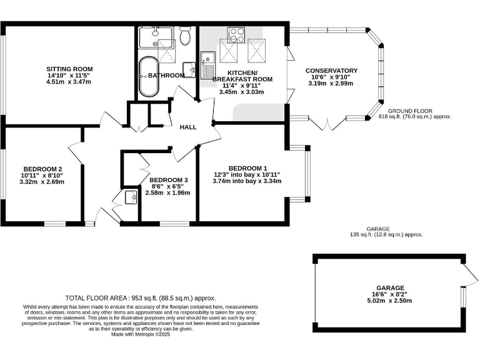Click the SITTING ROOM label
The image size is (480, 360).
pyautogui.click(x=69, y=69)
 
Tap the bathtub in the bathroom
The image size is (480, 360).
pyautogui.click(x=149, y=77)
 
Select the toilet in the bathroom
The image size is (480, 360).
pyautogui.click(x=184, y=37)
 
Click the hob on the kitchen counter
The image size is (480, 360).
pyautogui.click(x=236, y=34)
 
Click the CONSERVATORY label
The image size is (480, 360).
pyautogui.click(x=331, y=71)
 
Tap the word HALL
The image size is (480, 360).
pyautogui.click(x=188, y=127)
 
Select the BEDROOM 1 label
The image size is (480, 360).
pyautogui.click(x=247, y=168)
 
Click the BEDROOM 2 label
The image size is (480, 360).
pyautogui.click(x=42, y=169)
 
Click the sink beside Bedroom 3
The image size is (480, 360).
pyautogui.click(x=132, y=197)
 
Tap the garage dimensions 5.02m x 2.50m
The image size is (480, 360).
pyautogui.click(x=389, y=301)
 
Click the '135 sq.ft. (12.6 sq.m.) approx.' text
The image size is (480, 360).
pyautogui.click(x=386, y=235)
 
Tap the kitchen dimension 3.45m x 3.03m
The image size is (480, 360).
pyautogui.click(x=241, y=92)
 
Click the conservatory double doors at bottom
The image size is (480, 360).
pyautogui.click(x=326, y=123)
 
